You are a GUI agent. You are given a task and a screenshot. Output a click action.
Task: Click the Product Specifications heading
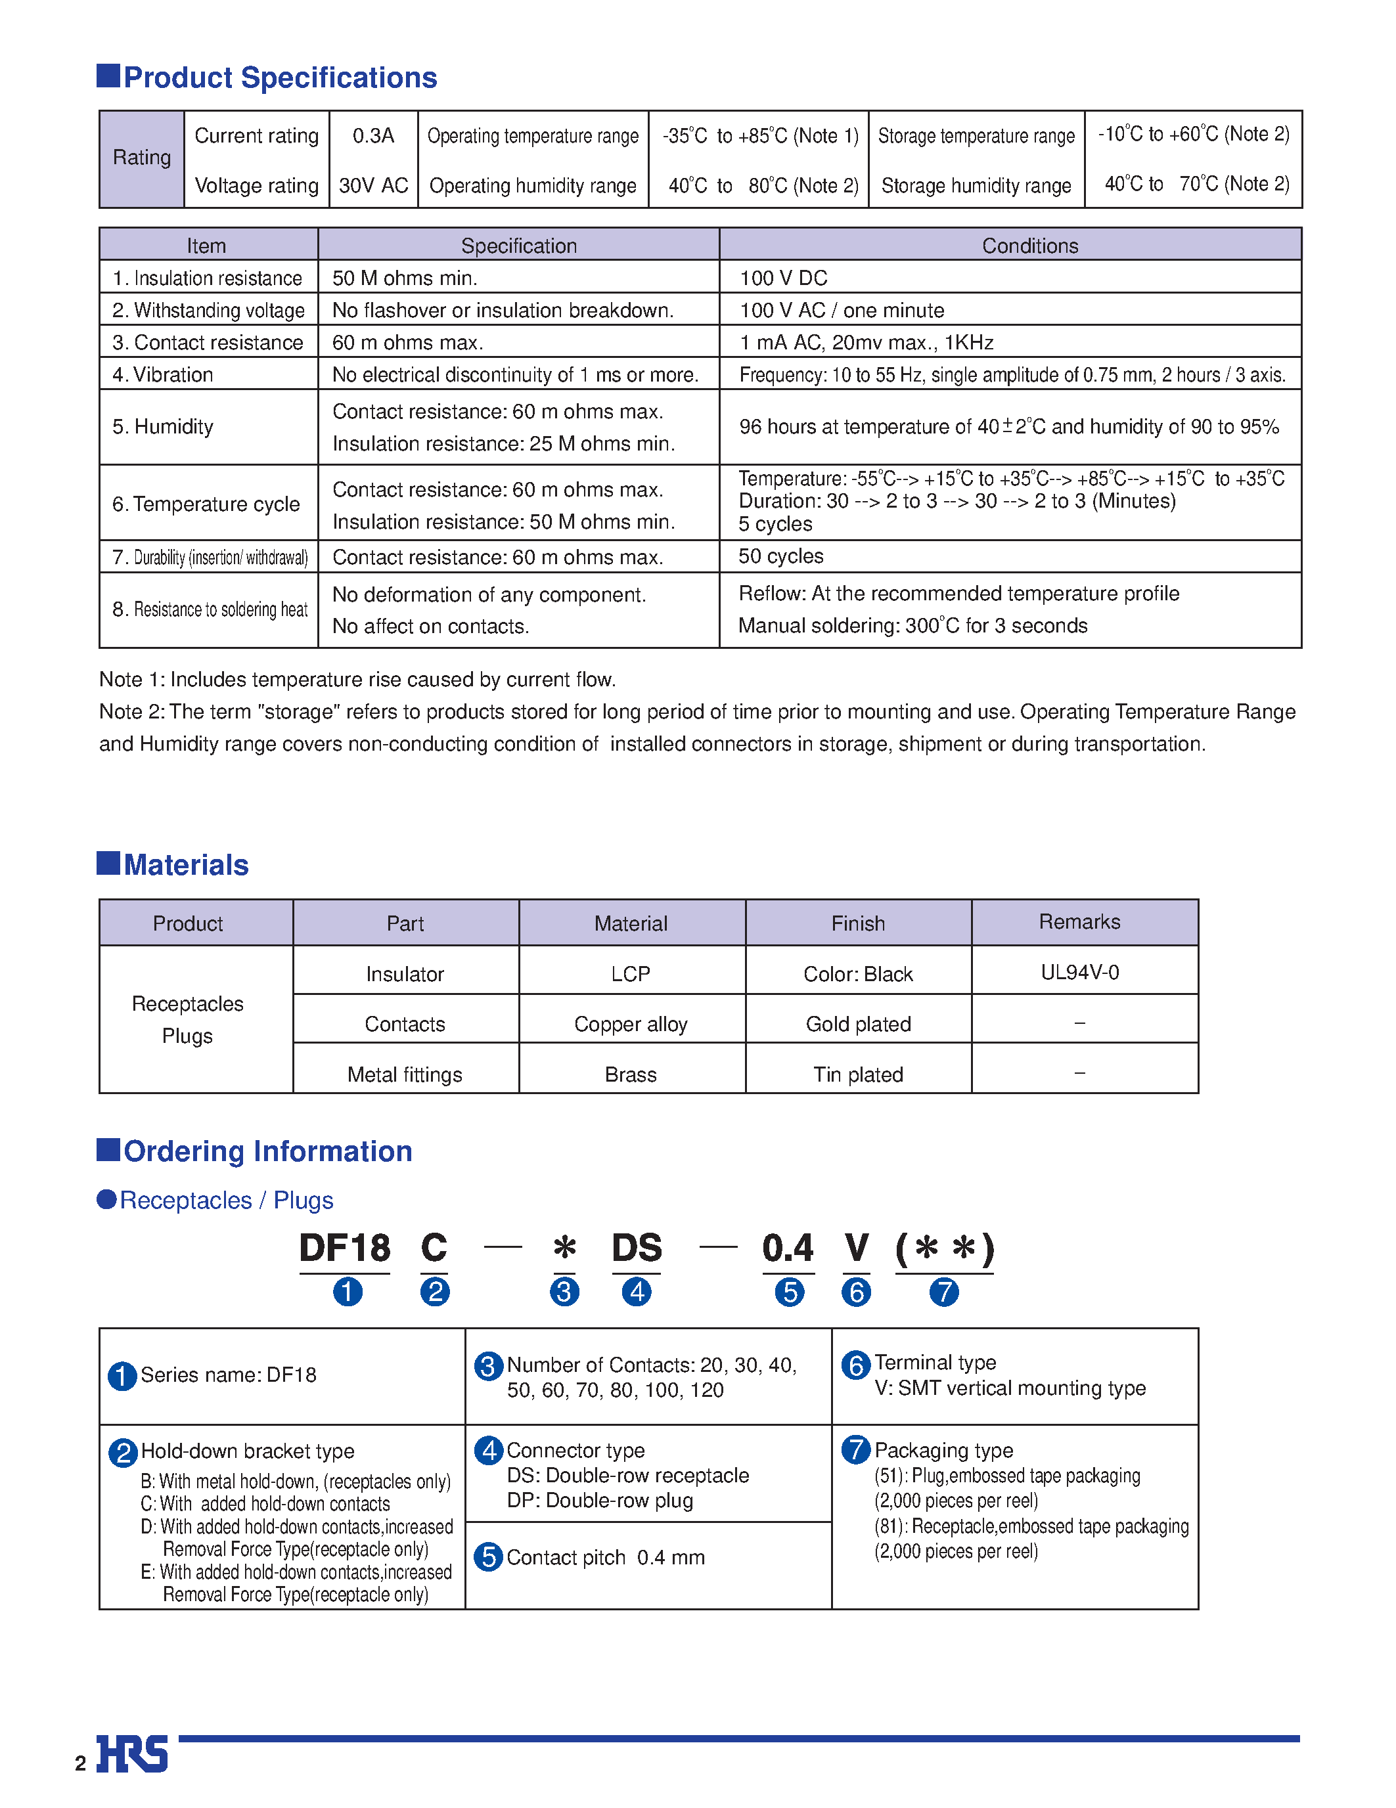pyautogui.click(x=279, y=77)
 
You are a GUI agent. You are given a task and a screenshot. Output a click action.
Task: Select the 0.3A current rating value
pyautogui.click(x=372, y=136)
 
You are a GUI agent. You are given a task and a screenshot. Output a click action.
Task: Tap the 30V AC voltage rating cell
pyautogui.click(x=372, y=185)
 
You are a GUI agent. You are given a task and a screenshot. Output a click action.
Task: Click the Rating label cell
pyautogui.click(x=142, y=158)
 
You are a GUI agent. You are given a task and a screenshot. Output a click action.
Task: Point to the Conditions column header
pyautogui.click(x=1029, y=246)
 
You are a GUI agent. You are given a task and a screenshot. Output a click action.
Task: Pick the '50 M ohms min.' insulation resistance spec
pyautogui.click(x=405, y=278)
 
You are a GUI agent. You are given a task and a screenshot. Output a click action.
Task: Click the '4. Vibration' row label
pyautogui.click(x=163, y=375)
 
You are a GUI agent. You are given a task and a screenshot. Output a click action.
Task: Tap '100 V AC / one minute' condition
pyautogui.click(x=842, y=311)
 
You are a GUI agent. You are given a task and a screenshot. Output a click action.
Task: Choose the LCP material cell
pyautogui.click(x=630, y=975)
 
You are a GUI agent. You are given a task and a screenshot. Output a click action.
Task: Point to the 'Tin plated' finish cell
pyautogui.click(x=858, y=1074)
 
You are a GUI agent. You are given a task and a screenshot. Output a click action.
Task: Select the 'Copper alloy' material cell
pyautogui.click(x=630, y=1025)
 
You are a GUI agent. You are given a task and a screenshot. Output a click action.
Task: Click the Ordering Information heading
pyautogui.click(x=267, y=1151)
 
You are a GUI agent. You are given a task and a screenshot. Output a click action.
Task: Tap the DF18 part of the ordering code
pyautogui.click(x=344, y=1248)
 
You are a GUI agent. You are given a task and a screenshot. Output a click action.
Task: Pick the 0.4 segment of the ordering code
pyautogui.click(x=788, y=1248)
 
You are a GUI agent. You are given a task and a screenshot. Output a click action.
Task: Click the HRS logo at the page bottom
pyautogui.click(x=133, y=1753)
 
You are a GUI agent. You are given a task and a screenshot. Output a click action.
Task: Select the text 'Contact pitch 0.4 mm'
pyautogui.click(x=605, y=1557)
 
